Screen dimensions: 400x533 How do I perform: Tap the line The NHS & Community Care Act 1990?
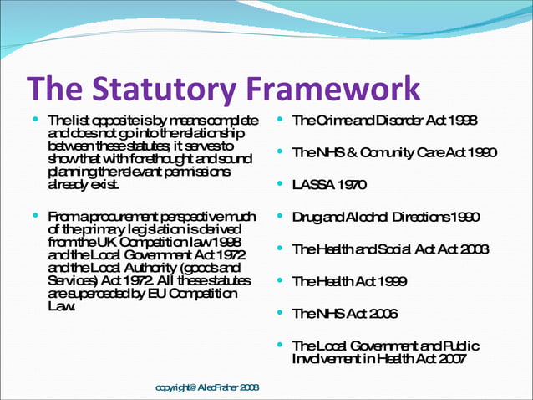tap(394, 153)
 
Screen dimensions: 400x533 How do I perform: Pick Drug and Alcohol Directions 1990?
tap(386, 218)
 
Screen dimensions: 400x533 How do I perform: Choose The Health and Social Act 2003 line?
tap(390, 249)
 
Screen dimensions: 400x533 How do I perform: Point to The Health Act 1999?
tap(350, 282)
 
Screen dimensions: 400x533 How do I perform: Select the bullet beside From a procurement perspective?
tap(35, 217)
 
